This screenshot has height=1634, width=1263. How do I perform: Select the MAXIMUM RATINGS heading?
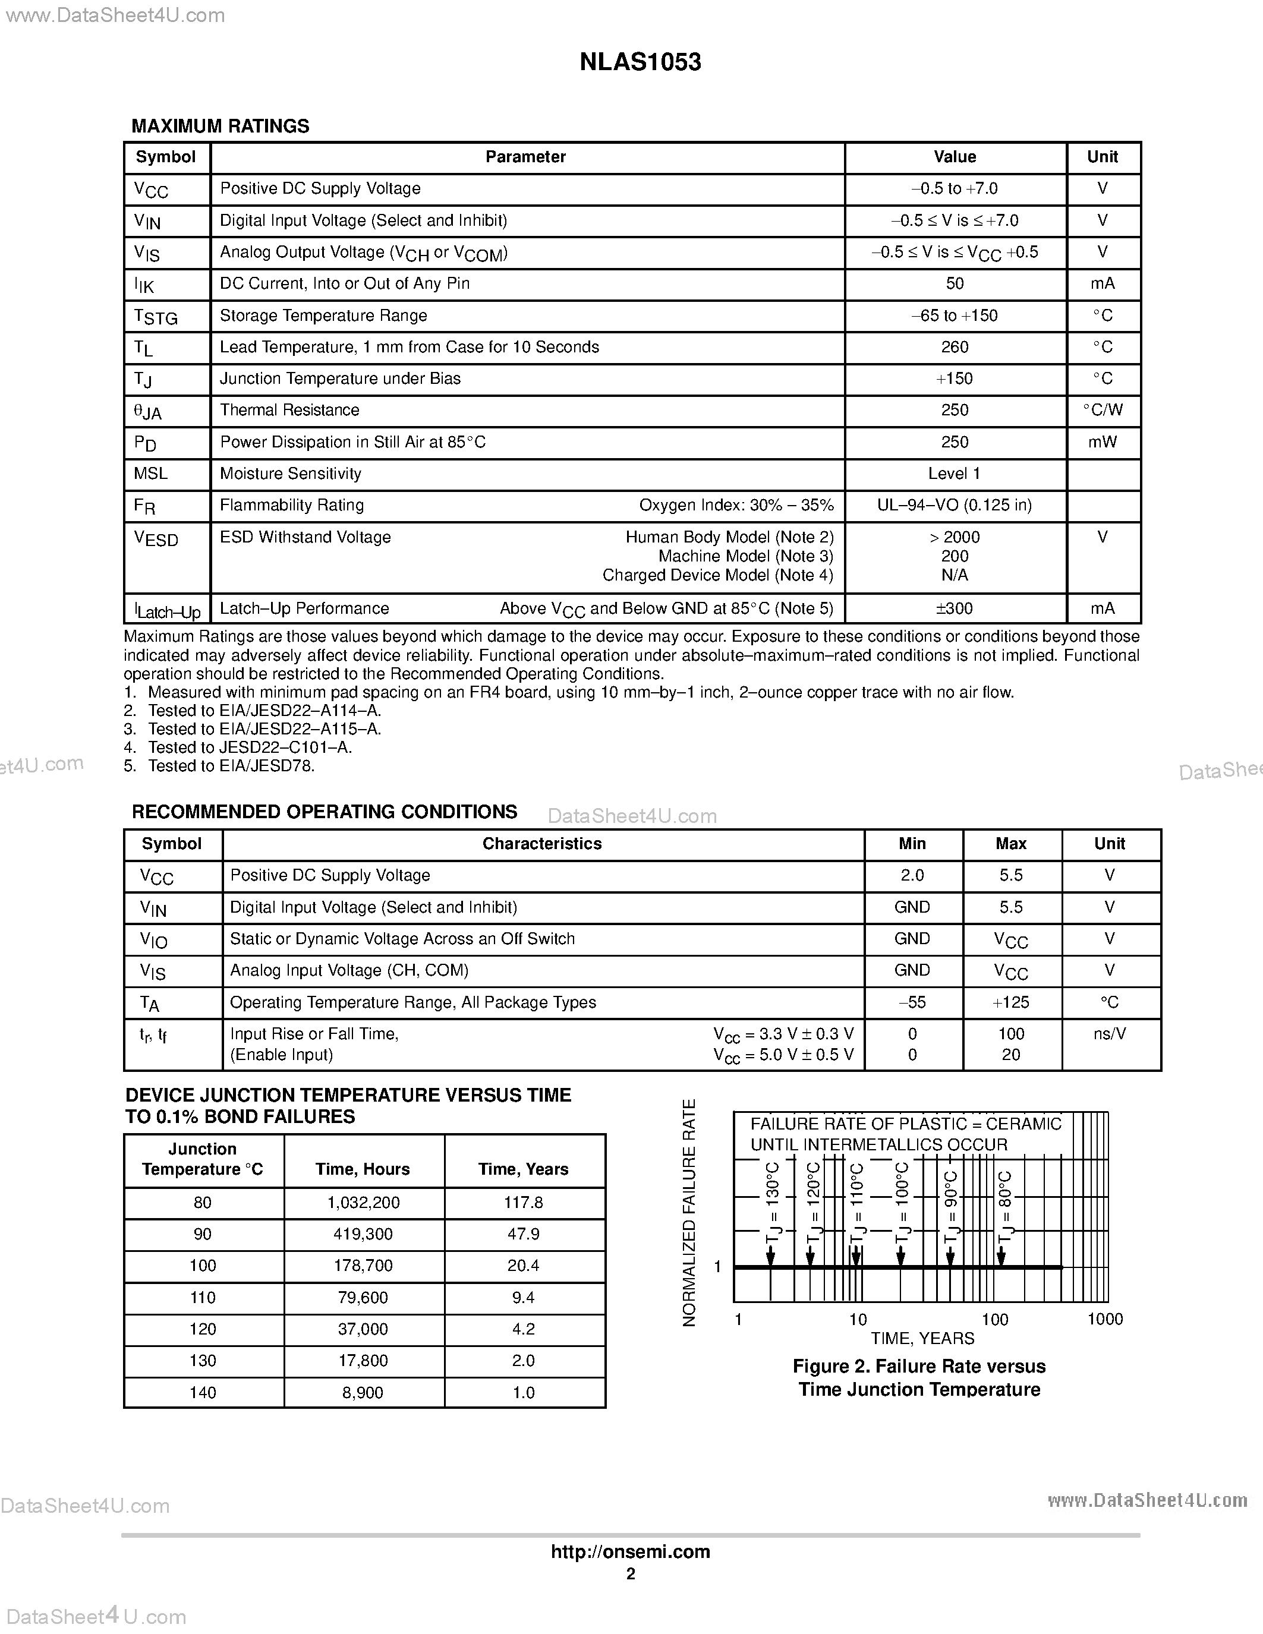coord(220,126)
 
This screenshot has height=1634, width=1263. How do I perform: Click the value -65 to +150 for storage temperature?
coord(954,316)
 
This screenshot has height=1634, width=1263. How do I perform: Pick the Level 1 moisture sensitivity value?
coord(954,474)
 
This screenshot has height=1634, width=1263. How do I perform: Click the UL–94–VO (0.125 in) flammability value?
coord(954,505)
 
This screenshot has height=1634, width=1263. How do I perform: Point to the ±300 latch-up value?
coord(954,608)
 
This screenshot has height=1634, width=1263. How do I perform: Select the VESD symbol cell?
coord(156,539)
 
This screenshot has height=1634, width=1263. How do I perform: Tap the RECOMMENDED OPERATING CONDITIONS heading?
coord(324,812)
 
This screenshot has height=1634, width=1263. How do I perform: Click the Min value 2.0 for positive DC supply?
coord(912,875)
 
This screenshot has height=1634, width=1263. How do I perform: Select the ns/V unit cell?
coord(1109,1034)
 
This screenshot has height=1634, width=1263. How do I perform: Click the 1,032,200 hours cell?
coord(363,1202)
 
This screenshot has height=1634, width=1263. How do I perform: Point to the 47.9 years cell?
coord(523,1234)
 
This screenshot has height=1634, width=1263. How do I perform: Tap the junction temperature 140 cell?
coord(203,1392)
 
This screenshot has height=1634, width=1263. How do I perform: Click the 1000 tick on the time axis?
coord(1104,1319)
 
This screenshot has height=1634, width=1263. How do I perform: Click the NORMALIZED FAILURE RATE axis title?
coord(689,1213)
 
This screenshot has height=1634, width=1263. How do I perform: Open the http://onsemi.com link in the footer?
coord(630,1551)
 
